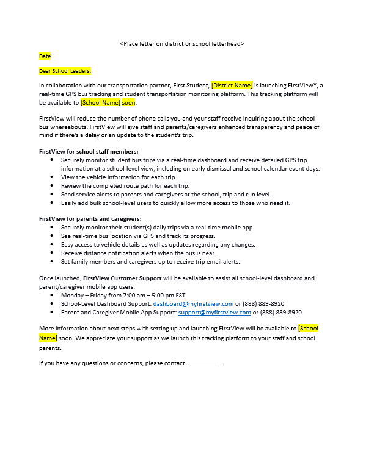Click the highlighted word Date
tap(45, 56)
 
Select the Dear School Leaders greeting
tap(65, 71)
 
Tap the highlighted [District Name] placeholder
tap(232, 86)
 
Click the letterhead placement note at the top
tap(182, 43)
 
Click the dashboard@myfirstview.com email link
tap(193, 303)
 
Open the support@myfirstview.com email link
tap(214, 312)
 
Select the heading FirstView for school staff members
tap(89, 151)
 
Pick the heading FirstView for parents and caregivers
tap(90, 218)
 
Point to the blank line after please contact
tap(203, 363)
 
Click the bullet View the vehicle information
tap(119, 177)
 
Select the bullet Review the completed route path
tap(125, 185)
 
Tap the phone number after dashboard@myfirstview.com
tap(264, 303)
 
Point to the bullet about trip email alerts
tap(157, 261)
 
